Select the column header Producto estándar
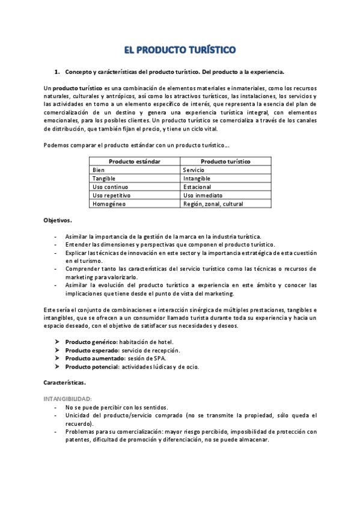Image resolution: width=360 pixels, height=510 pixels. [x=135, y=162]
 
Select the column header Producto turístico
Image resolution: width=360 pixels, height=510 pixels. [x=225, y=162]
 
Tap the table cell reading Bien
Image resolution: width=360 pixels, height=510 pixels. [x=99, y=170]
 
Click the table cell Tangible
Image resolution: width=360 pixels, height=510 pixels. [x=104, y=179]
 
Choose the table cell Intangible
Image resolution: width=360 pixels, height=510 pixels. [x=197, y=179]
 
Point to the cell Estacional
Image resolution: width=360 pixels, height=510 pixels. [x=197, y=187]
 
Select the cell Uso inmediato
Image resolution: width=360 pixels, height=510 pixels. [x=203, y=195]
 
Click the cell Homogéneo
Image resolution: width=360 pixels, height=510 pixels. [x=108, y=204]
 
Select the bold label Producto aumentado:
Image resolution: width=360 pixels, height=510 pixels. [x=94, y=358]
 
